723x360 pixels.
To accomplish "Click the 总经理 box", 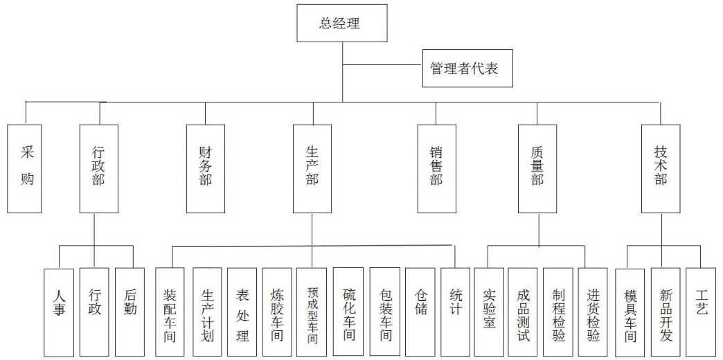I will [x=341, y=23].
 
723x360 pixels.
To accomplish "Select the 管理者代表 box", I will [x=467, y=69].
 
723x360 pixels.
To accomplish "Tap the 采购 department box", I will [x=27, y=168].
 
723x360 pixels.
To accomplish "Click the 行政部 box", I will [x=98, y=168].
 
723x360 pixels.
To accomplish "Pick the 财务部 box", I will [x=206, y=168].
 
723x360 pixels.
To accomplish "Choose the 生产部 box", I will [x=312, y=168].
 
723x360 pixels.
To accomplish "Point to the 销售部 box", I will [x=436, y=168].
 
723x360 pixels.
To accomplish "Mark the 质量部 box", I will [x=537, y=168].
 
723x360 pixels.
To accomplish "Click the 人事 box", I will [x=59, y=312].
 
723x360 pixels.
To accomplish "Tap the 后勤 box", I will [x=130, y=312].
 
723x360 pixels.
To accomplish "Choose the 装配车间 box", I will [x=170, y=312].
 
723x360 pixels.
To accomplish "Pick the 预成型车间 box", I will [x=312, y=312].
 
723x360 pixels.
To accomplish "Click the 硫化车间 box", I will [x=349, y=312].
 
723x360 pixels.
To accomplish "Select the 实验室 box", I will [x=489, y=312].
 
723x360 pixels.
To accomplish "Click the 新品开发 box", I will [x=666, y=312].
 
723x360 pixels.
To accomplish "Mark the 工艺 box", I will [x=702, y=312].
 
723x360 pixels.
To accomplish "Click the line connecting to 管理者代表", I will [x=382, y=66].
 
